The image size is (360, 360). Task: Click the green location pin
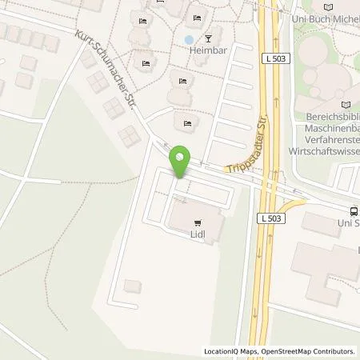[182, 162]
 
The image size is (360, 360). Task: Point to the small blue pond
[188, 38]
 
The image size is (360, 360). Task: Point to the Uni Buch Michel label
[331, 16]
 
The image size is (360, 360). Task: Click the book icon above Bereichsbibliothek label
[346, 105]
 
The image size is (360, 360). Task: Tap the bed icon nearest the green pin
[187, 122]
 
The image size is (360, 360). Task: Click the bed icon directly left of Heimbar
[146, 62]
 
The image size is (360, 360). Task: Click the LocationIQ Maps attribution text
[229, 351]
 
